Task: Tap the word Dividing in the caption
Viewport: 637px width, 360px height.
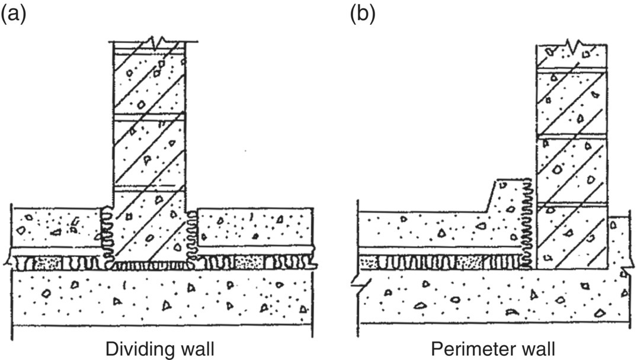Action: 132,348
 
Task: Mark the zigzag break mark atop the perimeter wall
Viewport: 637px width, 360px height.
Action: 572,45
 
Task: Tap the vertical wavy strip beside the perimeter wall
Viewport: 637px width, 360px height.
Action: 528,225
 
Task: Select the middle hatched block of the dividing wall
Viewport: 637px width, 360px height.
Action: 149,154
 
